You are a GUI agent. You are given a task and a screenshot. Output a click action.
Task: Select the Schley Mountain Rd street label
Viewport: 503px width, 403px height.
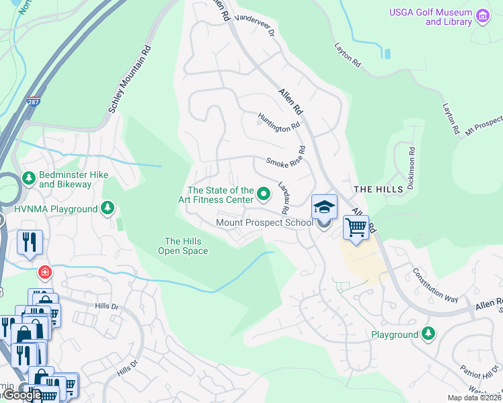pos(133,80)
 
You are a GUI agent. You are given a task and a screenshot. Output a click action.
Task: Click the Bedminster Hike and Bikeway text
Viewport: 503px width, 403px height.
pos(65,179)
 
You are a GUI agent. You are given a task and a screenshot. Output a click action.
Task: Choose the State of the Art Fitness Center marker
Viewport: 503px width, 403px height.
pos(264,195)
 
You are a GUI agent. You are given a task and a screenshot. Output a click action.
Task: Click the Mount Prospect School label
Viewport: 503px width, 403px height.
pos(264,222)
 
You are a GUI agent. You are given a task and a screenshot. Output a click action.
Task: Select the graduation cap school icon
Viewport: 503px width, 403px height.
pos(323,208)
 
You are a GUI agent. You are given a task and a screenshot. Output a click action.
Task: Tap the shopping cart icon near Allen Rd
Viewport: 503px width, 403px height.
pos(356,227)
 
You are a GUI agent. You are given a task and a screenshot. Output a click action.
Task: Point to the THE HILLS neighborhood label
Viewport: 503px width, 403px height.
pos(379,189)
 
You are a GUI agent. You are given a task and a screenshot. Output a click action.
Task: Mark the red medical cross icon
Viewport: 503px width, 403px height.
pos(44,272)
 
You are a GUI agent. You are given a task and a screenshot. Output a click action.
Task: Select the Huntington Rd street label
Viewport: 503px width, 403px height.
pos(278,124)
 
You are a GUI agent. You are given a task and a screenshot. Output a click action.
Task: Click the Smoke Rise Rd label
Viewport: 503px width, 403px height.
pos(286,159)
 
